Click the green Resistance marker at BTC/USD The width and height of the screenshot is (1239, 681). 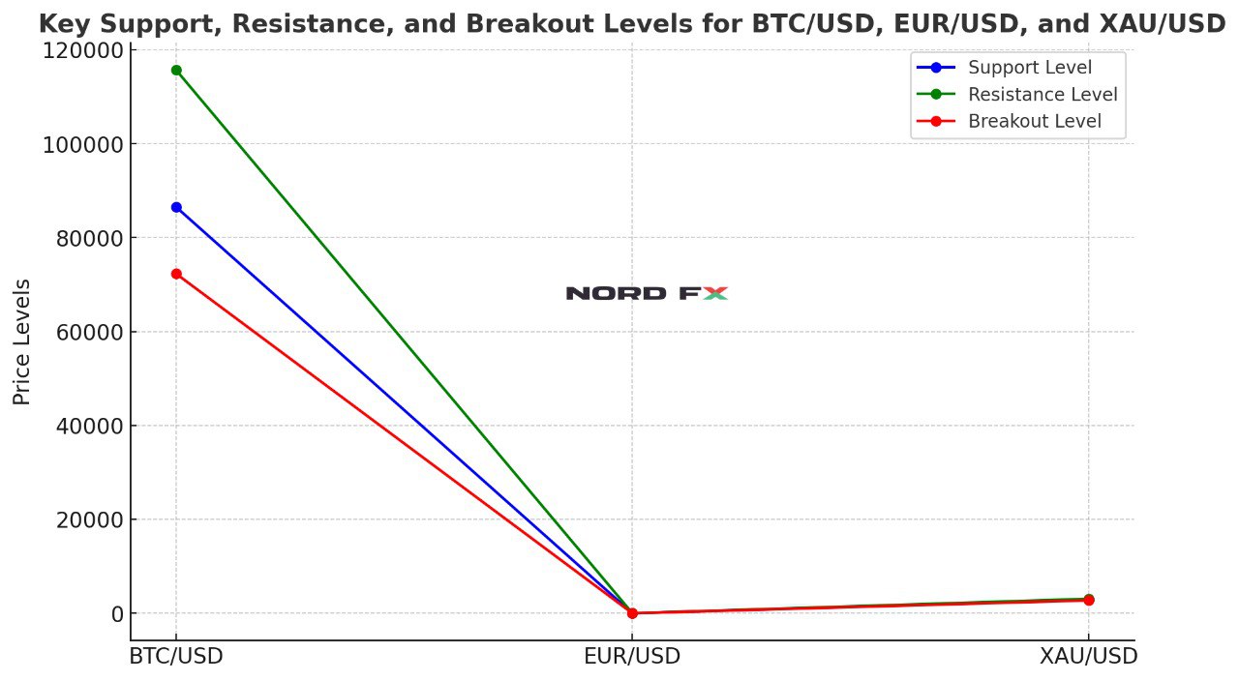pos(176,70)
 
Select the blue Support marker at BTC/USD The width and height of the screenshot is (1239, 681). pos(176,207)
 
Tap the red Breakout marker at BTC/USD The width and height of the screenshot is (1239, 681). pos(176,274)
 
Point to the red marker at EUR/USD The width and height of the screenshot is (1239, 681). pos(632,612)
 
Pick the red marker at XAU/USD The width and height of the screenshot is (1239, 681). pos(1089,600)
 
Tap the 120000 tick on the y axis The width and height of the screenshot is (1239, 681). pos(83,50)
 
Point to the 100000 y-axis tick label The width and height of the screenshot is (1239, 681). pos(83,144)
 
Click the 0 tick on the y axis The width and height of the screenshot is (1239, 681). pos(117,613)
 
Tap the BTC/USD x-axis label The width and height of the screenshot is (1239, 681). pos(176,656)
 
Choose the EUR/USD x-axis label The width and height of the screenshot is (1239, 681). pos(632,656)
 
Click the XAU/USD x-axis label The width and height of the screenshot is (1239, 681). pos(1089,656)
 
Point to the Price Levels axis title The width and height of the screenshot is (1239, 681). pos(22,341)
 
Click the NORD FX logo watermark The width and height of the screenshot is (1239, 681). pos(646,293)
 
